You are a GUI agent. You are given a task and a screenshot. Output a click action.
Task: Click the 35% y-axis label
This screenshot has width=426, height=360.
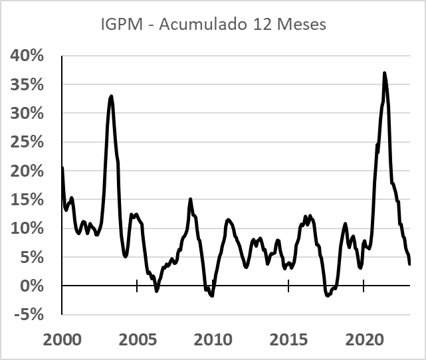click(x=27, y=85)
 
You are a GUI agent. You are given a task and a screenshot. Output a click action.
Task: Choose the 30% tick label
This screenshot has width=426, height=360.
click(x=27, y=114)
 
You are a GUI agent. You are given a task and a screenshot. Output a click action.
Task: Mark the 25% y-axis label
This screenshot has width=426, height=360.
click(x=27, y=142)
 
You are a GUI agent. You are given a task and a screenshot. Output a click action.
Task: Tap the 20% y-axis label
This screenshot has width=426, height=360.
click(x=27, y=171)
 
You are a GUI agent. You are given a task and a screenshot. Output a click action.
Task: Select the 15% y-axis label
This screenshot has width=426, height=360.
click(x=27, y=200)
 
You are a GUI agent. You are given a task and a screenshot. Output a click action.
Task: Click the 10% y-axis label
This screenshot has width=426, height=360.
click(x=27, y=228)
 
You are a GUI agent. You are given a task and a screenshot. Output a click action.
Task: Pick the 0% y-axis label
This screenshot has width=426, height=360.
click(x=31, y=286)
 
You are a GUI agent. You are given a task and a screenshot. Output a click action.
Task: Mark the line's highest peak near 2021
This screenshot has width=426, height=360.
click(x=385, y=73)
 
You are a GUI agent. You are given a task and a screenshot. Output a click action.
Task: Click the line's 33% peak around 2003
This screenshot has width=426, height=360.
click(x=111, y=96)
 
